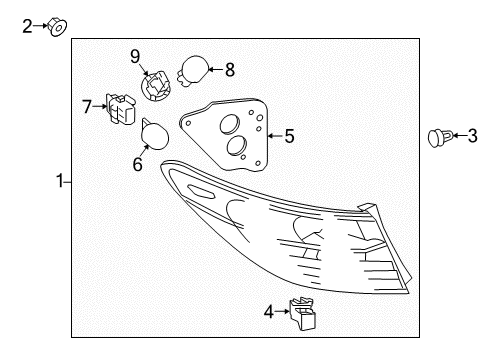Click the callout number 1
pyautogui.click(x=60, y=181)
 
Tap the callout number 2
pyautogui.click(x=27, y=26)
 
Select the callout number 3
pyautogui.click(x=473, y=136)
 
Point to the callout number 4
pyautogui.click(x=269, y=312)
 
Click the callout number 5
pyautogui.click(x=289, y=136)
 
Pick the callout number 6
pyautogui.click(x=138, y=164)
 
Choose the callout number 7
pyautogui.click(x=87, y=107)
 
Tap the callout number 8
pyautogui.click(x=230, y=70)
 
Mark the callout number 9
pyautogui.click(x=135, y=56)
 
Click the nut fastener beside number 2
pyautogui.click(x=57, y=27)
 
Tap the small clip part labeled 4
pyautogui.click(x=302, y=314)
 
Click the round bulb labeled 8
pyautogui.click(x=193, y=71)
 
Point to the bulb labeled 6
pyautogui.click(x=154, y=135)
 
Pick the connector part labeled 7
pyautogui.click(x=121, y=109)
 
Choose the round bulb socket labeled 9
pyautogui.click(x=156, y=86)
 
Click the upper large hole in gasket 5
pyautogui.click(x=230, y=125)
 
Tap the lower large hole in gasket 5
pyautogui.click(x=236, y=146)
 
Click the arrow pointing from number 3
pyautogui.click(x=460, y=136)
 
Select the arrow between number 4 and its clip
pyautogui.click(x=282, y=312)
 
